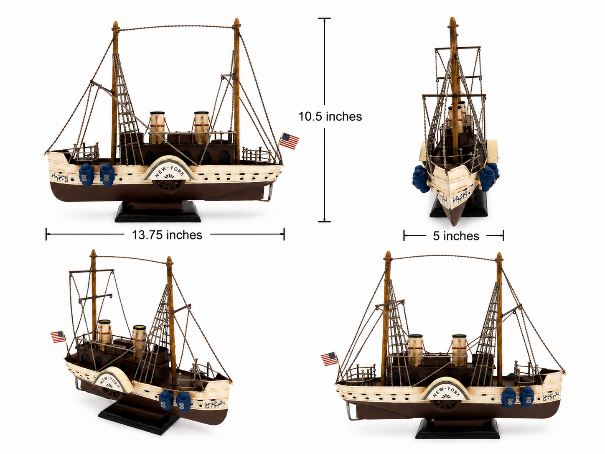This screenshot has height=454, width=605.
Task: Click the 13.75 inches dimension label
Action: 167,235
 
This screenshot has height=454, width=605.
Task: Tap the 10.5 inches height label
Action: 330,116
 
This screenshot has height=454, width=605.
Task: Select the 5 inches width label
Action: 456,236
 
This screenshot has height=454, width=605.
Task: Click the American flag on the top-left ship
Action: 289,140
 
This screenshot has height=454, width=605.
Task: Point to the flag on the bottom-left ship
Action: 58,337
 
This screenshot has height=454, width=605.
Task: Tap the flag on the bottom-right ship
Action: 329,359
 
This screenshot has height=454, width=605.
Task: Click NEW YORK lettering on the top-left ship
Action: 170,171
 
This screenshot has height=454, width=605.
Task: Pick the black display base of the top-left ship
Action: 158,213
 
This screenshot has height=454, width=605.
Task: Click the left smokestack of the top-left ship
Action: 158,128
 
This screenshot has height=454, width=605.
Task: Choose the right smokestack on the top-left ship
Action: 201,128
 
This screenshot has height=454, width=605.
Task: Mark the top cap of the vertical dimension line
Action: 324,18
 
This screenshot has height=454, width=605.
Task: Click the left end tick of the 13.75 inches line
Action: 46,234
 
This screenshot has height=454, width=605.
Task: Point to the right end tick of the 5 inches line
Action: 503,236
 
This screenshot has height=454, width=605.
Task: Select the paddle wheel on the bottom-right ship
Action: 445,405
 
